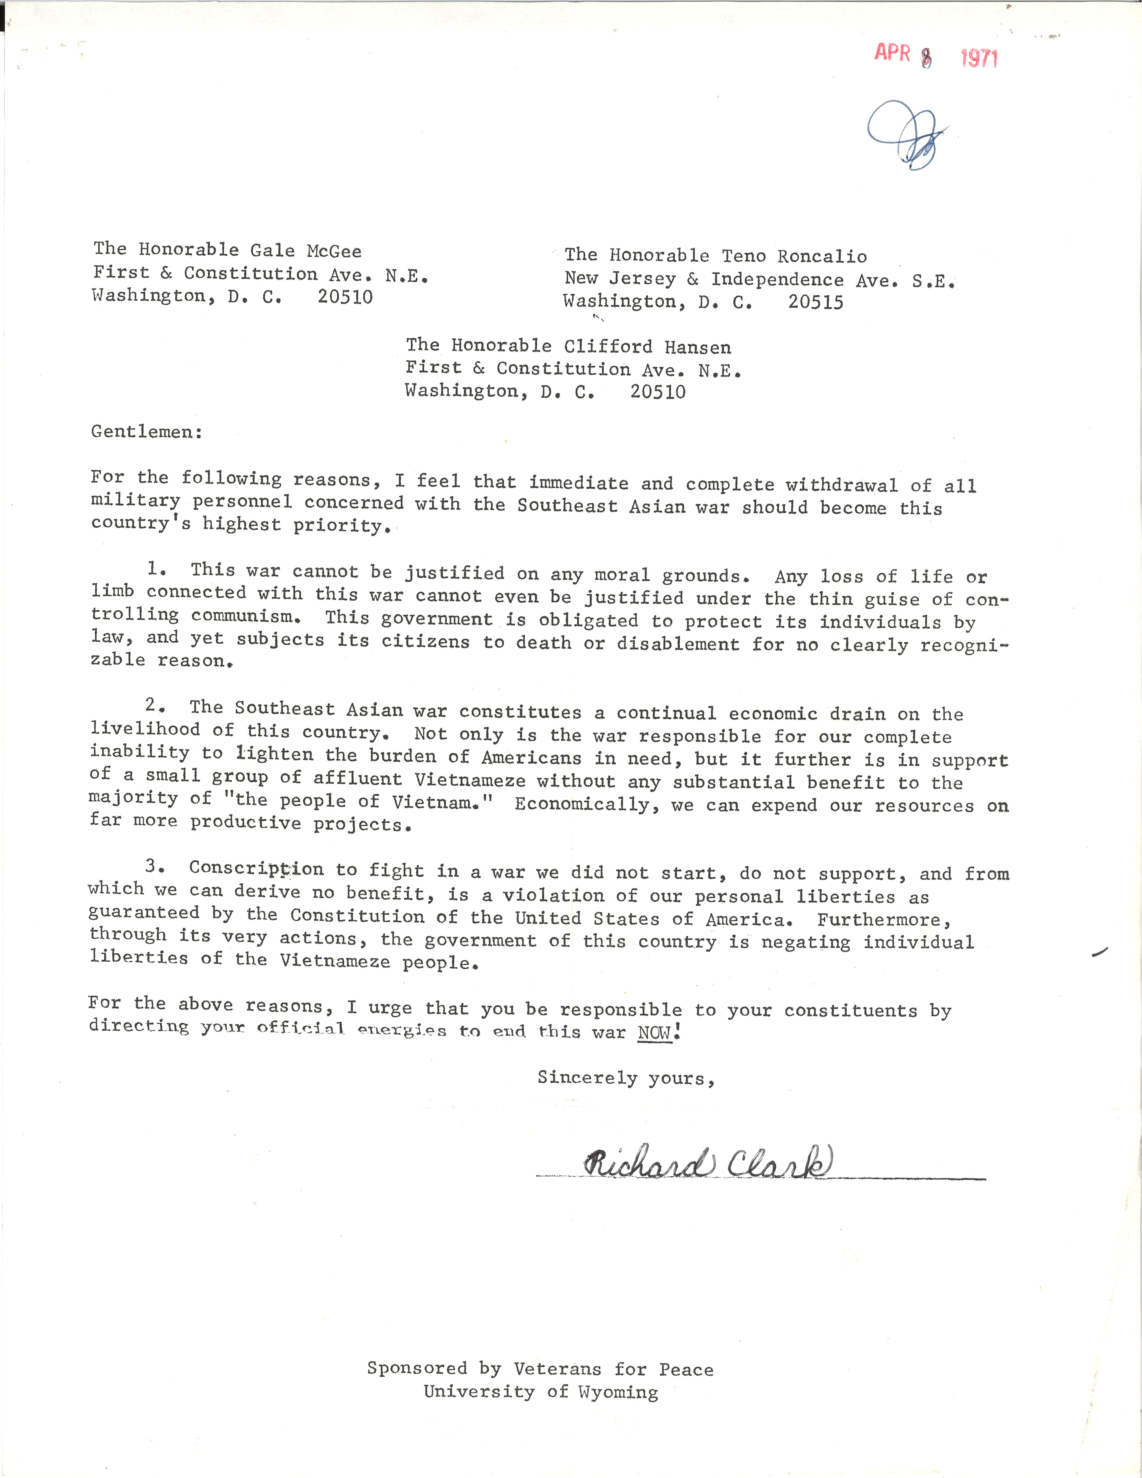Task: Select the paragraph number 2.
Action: point(154,705)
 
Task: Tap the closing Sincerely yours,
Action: point(626,1078)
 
